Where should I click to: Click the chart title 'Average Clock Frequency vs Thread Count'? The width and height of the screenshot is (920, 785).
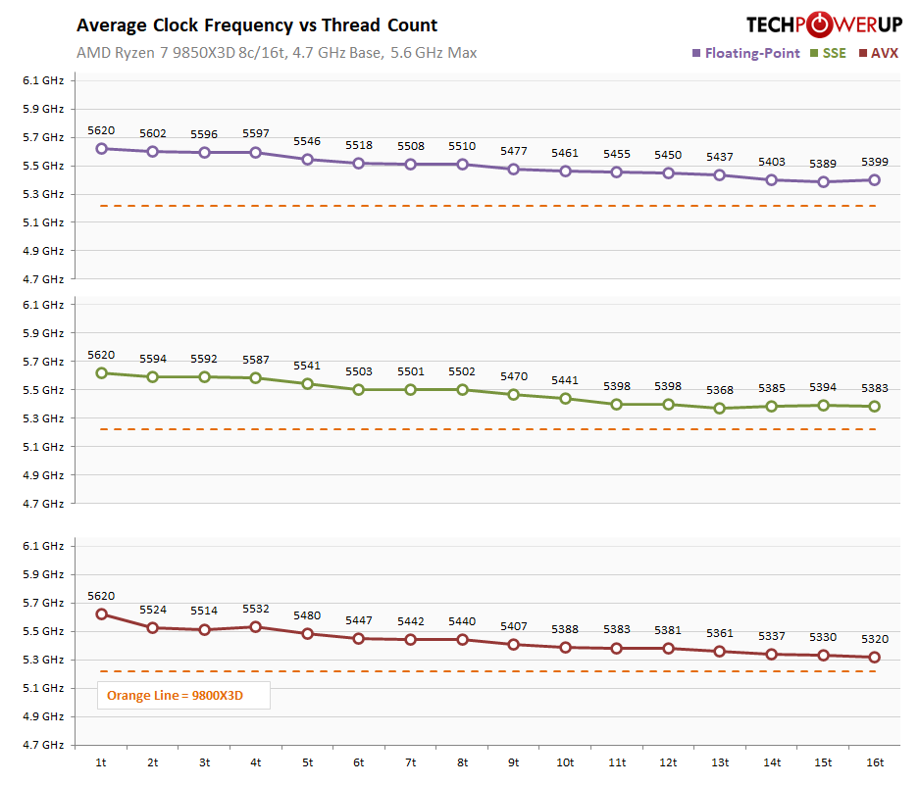tap(257, 25)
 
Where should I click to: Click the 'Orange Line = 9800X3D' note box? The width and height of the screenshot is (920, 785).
tap(175, 696)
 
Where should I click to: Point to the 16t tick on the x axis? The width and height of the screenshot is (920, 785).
tap(875, 761)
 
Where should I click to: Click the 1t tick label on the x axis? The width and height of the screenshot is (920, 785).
tap(101, 761)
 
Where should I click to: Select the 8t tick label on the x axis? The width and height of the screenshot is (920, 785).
tap(462, 761)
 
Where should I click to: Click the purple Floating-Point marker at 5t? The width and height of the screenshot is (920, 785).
tap(307, 160)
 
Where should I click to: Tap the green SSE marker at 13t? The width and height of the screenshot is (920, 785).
tap(720, 408)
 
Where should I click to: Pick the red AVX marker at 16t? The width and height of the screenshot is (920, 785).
tap(875, 657)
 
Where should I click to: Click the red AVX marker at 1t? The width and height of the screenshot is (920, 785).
tap(101, 614)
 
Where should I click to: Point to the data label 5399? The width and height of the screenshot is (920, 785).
tap(875, 162)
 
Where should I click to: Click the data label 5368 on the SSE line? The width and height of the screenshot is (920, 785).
tap(720, 390)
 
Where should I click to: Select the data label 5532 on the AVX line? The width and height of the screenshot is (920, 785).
tap(256, 609)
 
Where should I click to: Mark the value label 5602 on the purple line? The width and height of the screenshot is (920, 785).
tap(153, 133)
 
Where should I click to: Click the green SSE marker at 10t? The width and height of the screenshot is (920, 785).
tap(565, 398)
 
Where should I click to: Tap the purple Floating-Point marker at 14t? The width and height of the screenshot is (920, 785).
tap(772, 179)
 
